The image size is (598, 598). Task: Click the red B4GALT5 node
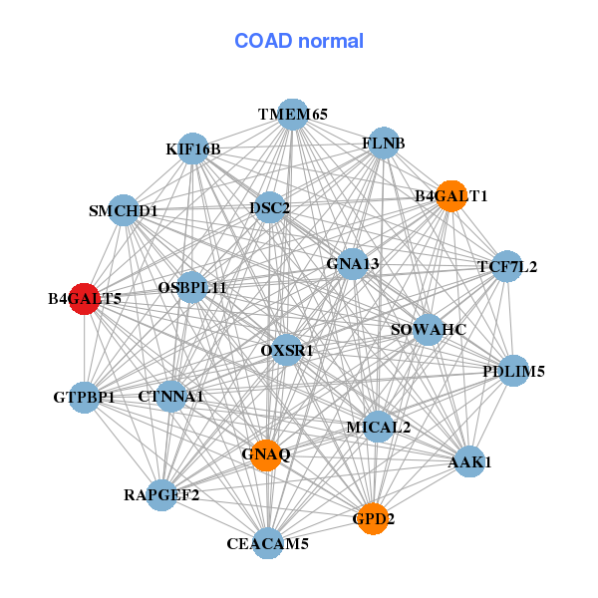pos(85,298)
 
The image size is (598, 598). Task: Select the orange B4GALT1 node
pos(450,195)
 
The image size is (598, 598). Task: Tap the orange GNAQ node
pos(265,454)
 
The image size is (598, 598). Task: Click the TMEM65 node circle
pos(292,115)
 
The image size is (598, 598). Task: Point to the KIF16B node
pos(193,149)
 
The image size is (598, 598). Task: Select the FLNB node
pos(384,144)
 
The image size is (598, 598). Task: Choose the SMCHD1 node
pos(124,210)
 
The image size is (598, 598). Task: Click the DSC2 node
pos(270,208)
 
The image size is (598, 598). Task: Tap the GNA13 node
pos(353,264)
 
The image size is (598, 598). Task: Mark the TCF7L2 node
pos(507,266)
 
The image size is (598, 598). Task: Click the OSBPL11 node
pos(192,287)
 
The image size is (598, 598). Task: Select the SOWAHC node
pos(428,330)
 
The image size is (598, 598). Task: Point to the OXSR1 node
pos(287,350)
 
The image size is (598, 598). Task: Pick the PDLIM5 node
pos(513,372)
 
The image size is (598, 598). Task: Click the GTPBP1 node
pos(85,397)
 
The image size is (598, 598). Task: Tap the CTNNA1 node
pos(171,396)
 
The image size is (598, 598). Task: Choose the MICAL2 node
pos(379,427)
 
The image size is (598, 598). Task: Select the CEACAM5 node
pos(267,543)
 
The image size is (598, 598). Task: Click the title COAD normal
pos(299,41)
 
